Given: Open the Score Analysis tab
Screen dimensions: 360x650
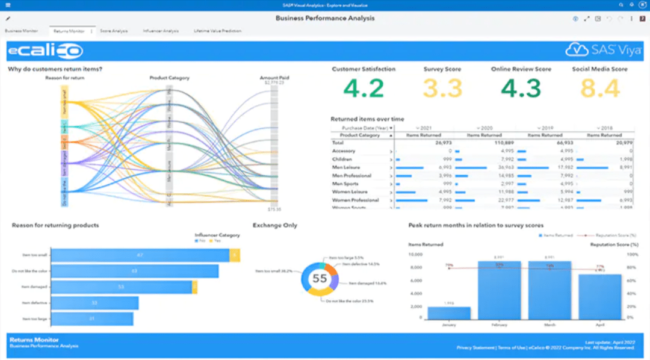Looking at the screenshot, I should click(x=114, y=31).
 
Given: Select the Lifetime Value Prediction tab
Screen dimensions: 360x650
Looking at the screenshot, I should click(x=217, y=31).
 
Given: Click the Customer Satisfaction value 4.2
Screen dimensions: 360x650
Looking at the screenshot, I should click(x=364, y=88).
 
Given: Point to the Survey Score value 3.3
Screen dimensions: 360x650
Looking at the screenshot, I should click(x=442, y=88).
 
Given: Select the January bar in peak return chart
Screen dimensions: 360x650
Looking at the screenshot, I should click(x=448, y=313).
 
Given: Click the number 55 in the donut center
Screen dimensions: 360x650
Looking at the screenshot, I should click(x=320, y=279).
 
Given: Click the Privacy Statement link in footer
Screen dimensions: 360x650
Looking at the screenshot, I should click(x=475, y=347).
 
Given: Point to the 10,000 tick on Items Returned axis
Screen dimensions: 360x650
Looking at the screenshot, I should click(x=416, y=254).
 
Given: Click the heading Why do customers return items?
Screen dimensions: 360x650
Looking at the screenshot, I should click(x=55, y=69).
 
